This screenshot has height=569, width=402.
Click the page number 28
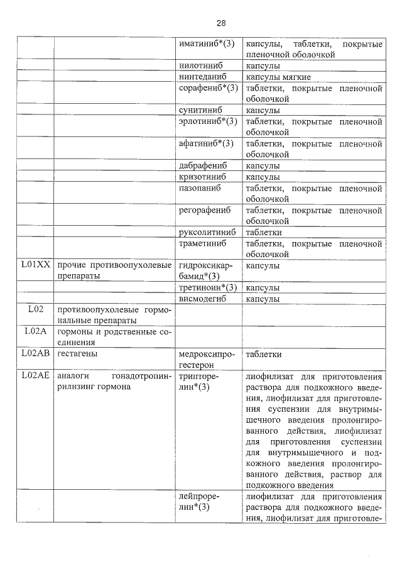click(x=221, y=23)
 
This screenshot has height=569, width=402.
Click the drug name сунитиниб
click(x=199, y=111)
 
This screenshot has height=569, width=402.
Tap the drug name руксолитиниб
click(x=207, y=233)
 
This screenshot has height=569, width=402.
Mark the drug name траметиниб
click(x=202, y=243)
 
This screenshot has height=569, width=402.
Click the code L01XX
click(x=35, y=265)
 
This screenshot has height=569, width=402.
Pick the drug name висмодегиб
click(x=202, y=299)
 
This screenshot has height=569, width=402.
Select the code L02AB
click(x=35, y=355)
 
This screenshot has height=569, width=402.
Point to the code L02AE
click(x=35, y=376)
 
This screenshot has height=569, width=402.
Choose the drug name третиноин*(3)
click(x=208, y=287)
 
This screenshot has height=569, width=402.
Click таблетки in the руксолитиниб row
click(x=263, y=233)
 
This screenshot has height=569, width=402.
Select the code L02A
click(x=35, y=332)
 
